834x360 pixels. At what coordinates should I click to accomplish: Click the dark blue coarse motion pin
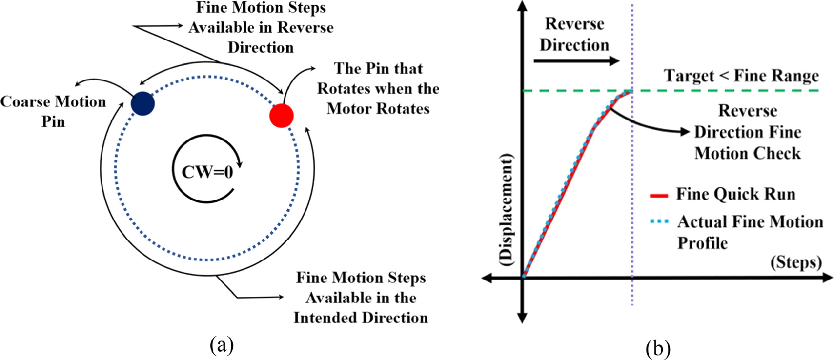click(x=142, y=103)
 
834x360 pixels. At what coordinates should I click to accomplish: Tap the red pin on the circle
click(x=282, y=116)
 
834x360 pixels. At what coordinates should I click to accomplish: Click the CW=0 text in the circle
click(x=207, y=172)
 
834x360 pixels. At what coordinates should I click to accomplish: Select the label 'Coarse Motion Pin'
click(x=53, y=111)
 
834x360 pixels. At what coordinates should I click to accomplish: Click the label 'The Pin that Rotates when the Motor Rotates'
click(x=378, y=88)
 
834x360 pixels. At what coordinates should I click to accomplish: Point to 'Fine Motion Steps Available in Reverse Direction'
click(x=261, y=27)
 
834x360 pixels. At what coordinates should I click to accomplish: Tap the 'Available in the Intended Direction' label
click(x=361, y=298)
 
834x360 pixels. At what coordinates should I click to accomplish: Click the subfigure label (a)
click(x=222, y=345)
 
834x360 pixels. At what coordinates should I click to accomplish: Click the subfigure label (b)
click(x=657, y=348)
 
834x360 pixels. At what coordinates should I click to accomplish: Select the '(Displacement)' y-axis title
click(x=506, y=210)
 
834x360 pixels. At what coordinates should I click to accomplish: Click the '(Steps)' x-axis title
click(x=796, y=262)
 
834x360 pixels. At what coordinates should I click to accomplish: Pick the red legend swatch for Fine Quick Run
click(x=659, y=196)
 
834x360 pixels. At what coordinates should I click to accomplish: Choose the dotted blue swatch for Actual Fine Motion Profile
click(x=659, y=221)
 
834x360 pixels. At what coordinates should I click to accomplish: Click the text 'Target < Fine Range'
click(x=741, y=76)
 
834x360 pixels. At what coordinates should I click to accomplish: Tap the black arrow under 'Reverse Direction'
click(x=576, y=61)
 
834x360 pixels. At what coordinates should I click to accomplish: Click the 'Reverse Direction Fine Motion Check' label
click(x=747, y=132)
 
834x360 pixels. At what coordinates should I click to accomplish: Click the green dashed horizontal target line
click(x=732, y=91)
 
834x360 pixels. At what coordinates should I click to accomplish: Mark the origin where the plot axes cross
click(x=523, y=278)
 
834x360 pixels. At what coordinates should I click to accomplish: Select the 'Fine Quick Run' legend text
click(x=735, y=194)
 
